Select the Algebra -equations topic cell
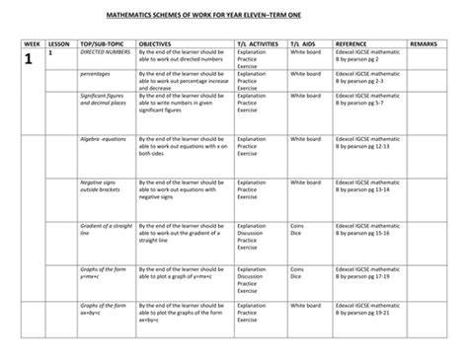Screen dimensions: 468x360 point(103,140)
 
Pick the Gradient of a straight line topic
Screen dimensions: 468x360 point(104,230)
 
